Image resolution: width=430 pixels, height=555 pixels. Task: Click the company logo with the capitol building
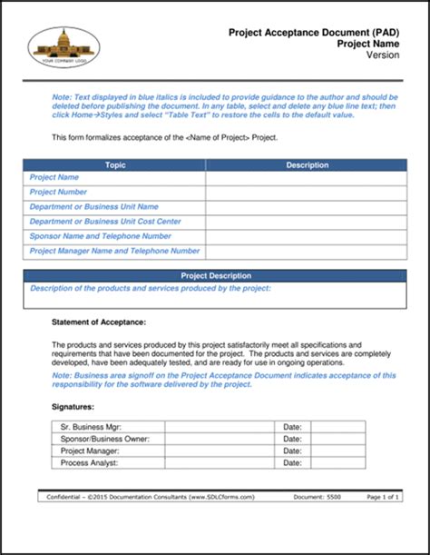64,47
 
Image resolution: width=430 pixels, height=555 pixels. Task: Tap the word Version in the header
382,55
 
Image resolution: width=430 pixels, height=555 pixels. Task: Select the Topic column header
115,165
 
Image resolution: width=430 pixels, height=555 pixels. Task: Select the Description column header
307,165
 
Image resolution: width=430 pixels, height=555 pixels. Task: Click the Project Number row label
58,193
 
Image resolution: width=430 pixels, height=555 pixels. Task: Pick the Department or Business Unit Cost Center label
104,222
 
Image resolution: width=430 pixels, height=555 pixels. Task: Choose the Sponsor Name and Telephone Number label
100,236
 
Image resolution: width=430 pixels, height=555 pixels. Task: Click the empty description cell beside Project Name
307,178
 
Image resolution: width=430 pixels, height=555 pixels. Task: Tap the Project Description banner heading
216,276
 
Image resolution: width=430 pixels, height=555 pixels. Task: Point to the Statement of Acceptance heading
99,322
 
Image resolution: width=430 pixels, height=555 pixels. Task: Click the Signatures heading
73,408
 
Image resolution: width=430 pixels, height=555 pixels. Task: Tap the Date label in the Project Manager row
291,451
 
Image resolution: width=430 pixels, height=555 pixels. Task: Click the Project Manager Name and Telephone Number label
114,251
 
